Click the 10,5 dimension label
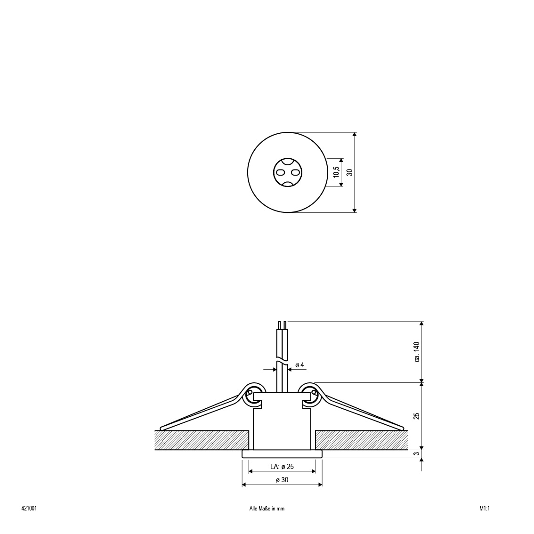(x=337, y=172)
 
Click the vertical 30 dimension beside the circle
(x=349, y=172)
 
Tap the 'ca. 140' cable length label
(x=417, y=352)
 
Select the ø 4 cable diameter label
(x=299, y=365)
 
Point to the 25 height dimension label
(x=417, y=416)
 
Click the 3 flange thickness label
(x=417, y=453)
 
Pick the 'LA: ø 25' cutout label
(x=282, y=467)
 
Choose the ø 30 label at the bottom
(x=282, y=480)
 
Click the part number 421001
(x=29, y=509)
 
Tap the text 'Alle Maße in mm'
(x=267, y=509)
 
